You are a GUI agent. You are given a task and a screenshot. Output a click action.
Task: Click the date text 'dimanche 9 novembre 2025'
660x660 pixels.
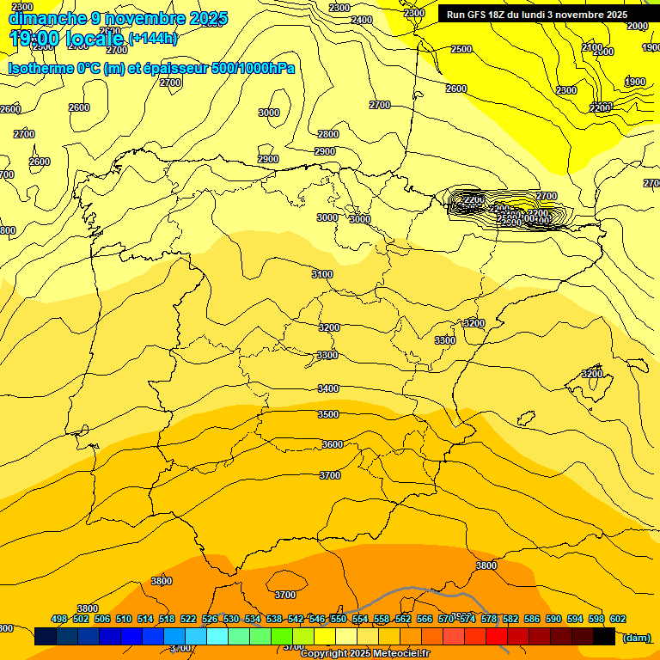point(118,18)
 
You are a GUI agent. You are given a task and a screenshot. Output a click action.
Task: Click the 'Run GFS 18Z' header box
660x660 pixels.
point(536,15)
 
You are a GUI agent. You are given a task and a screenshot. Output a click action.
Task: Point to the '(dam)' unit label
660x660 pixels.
point(635,637)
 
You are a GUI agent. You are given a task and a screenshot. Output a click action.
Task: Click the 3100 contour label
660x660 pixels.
point(322,274)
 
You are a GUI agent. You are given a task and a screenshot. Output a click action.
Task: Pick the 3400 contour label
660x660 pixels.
point(328,388)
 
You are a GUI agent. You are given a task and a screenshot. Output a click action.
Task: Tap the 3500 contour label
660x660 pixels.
point(328,414)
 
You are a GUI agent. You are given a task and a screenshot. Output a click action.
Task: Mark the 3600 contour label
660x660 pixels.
point(332,444)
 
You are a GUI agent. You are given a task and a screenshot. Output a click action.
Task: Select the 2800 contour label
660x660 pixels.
point(328,134)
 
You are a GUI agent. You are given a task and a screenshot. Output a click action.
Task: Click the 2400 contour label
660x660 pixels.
point(362,20)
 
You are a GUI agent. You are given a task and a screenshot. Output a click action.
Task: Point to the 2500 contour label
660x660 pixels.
point(461,49)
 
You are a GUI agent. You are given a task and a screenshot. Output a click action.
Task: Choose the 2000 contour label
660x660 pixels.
point(637,26)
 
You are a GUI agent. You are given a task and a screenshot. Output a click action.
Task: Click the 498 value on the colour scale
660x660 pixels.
point(59,619)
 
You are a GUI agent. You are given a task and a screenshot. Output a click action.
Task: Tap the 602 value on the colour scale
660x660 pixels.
point(618,619)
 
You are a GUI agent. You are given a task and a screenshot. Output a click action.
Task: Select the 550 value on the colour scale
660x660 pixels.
point(339,619)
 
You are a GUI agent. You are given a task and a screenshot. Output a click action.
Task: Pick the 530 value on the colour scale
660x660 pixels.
point(231,619)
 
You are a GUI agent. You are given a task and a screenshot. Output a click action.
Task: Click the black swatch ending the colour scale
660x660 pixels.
point(604,637)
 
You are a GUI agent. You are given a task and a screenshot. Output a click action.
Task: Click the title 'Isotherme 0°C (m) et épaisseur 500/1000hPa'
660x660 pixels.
point(151,68)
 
